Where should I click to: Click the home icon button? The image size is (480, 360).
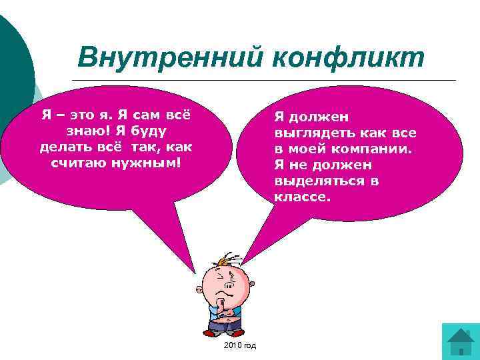pos(460,341)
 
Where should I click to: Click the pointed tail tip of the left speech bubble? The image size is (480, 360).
pos(195,273)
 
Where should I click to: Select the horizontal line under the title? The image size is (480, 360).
pos(263,81)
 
